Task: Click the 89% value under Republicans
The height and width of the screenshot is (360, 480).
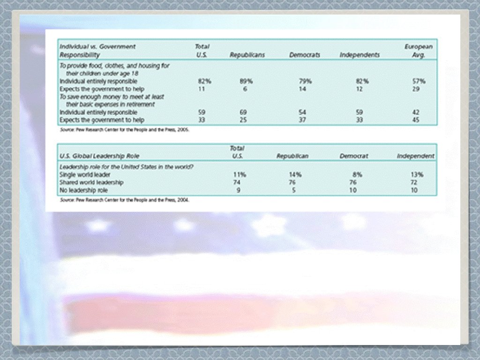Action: (246, 81)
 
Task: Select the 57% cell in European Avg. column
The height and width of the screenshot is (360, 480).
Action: (418, 81)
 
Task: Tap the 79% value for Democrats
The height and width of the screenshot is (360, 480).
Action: (305, 81)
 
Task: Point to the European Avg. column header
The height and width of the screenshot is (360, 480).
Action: (418, 51)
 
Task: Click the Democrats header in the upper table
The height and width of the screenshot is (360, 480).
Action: (305, 55)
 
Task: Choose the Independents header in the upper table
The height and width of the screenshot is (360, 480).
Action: (360, 55)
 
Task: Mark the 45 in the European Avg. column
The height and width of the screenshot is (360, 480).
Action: (416, 120)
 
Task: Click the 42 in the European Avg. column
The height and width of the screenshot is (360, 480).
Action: (416, 112)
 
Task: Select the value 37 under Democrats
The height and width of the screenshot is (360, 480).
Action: (303, 120)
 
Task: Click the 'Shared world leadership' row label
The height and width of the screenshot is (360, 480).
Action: (91, 182)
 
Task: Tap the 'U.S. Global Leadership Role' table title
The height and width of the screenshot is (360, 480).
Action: (99, 156)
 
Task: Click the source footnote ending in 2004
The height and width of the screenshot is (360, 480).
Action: (125, 200)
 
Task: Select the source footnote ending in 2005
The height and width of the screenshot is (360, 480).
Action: (125, 130)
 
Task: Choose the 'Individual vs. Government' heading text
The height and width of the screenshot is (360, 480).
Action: (97, 46)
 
